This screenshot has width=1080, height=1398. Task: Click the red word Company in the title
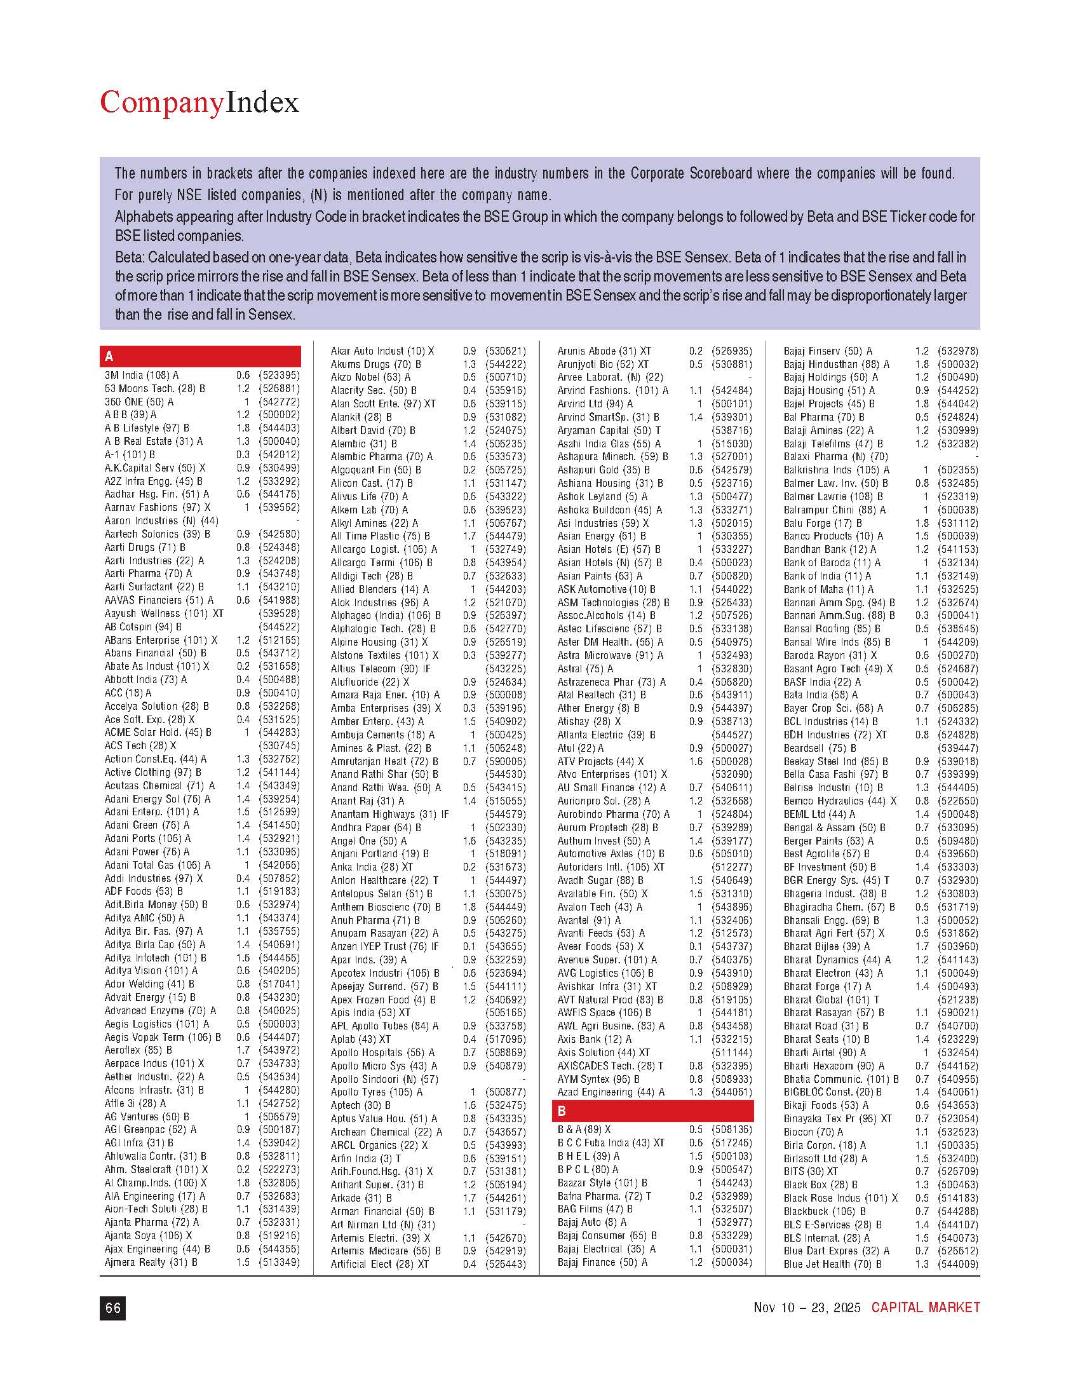tap(162, 103)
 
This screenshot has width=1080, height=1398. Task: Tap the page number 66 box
tap(112, 1308)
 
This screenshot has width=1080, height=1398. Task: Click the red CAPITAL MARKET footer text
tap(925, 1307)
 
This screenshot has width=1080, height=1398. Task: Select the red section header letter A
tap(109, 356)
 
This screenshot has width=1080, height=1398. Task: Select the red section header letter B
tap(562, 1111)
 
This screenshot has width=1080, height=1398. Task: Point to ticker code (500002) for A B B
tap(279, 415)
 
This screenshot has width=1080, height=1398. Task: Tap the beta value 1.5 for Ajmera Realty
tap(243, 1262)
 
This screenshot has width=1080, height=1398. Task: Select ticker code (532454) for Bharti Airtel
tap(957, 1052)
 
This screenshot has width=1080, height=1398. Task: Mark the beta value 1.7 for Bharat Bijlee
tap(922, 947)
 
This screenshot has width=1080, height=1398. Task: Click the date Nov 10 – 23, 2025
tap(807, 1307)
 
